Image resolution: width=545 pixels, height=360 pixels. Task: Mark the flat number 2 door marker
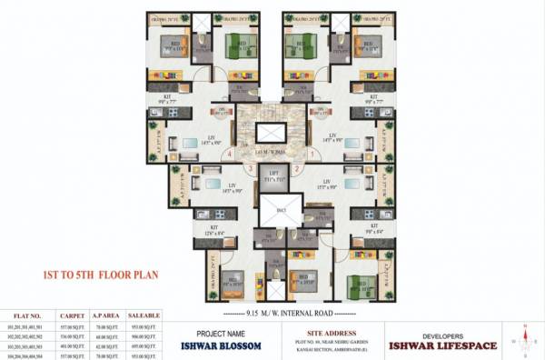point(298,169)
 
